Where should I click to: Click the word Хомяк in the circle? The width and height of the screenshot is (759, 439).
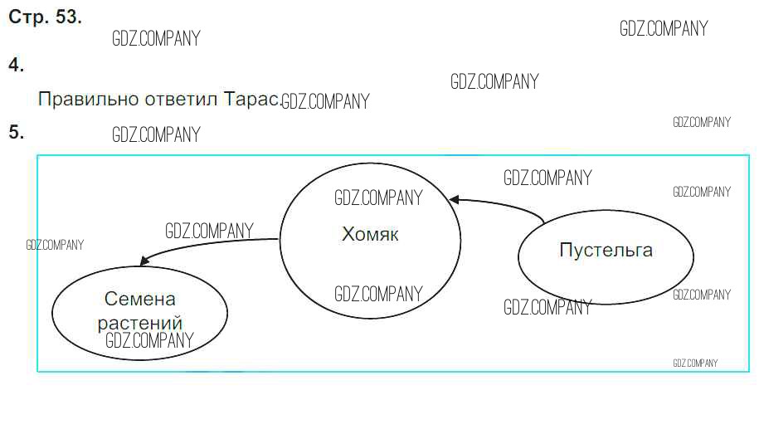click(370, 235)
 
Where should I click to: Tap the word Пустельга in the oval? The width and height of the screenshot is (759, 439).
click(606, 250)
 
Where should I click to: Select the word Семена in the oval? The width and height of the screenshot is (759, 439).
click(140, 300)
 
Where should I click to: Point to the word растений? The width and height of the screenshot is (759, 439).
click(140, 323)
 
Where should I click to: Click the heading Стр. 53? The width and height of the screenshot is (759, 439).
click(45, 17)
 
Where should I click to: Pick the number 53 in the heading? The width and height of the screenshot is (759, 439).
click(67, 17)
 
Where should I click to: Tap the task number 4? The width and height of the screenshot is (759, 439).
click(16, 66)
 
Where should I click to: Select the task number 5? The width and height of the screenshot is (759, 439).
click(16, 132)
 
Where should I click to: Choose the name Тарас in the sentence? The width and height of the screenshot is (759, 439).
click(251, 100)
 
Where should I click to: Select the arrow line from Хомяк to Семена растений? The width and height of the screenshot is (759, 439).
click(207, 244)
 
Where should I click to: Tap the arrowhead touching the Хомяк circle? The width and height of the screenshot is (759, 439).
click(455, 199)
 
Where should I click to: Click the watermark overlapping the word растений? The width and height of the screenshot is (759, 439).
click(149, 339)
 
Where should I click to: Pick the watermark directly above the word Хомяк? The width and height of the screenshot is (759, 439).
click(378, 198)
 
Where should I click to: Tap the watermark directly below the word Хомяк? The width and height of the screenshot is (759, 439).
click(378, 294)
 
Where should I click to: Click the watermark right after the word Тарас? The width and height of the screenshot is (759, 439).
click(325, 102)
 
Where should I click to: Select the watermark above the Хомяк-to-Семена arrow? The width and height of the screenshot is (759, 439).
click(209, 231)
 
